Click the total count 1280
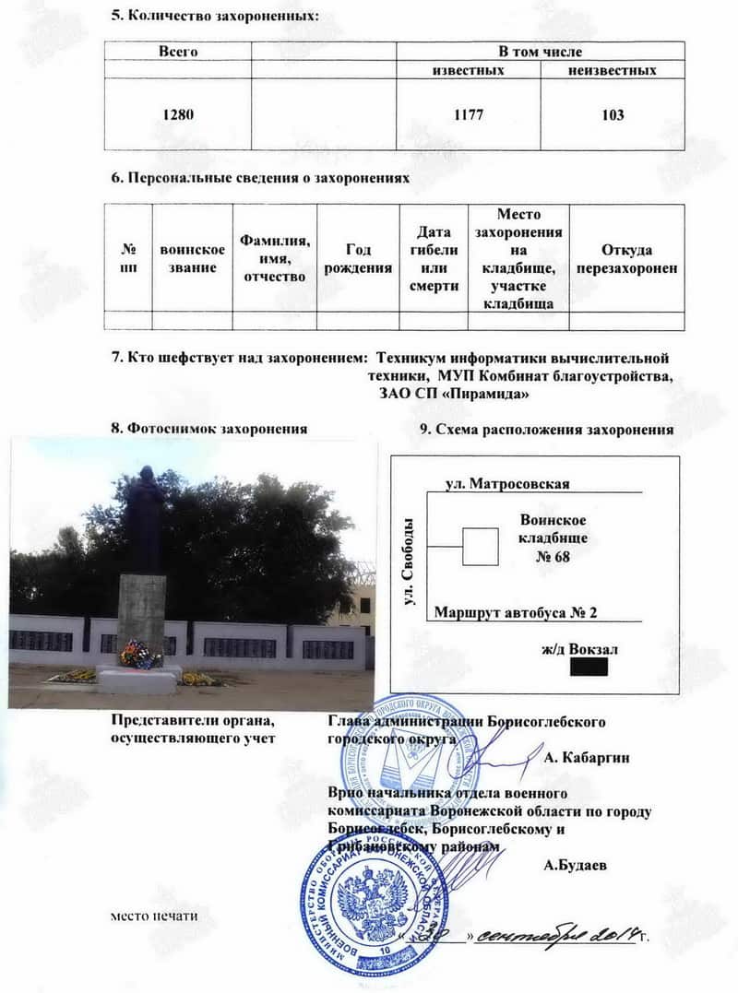179,115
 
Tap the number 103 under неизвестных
611,115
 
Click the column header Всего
179,52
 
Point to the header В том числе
541,52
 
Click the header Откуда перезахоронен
626,258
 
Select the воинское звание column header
192,258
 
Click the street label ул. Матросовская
507,483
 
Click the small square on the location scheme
480,546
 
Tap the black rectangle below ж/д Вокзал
589,665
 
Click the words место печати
153,916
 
